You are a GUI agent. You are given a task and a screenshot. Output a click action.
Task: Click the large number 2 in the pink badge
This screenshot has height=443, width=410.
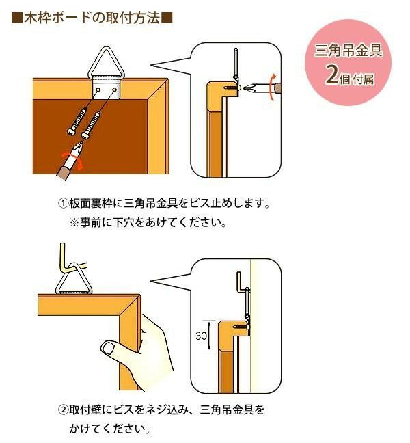point(332,75)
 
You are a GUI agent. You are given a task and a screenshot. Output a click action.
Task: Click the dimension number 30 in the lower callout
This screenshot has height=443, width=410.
point(202,335)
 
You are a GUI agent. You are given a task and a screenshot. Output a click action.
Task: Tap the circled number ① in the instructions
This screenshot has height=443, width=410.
point(62,204)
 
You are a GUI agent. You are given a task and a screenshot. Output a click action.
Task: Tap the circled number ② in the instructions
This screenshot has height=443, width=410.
point(62,411)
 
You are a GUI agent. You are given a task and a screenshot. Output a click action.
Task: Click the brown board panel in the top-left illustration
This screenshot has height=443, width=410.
point(96,137)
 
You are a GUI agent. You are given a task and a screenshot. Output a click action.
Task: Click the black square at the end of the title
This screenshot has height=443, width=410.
point(166,18)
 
